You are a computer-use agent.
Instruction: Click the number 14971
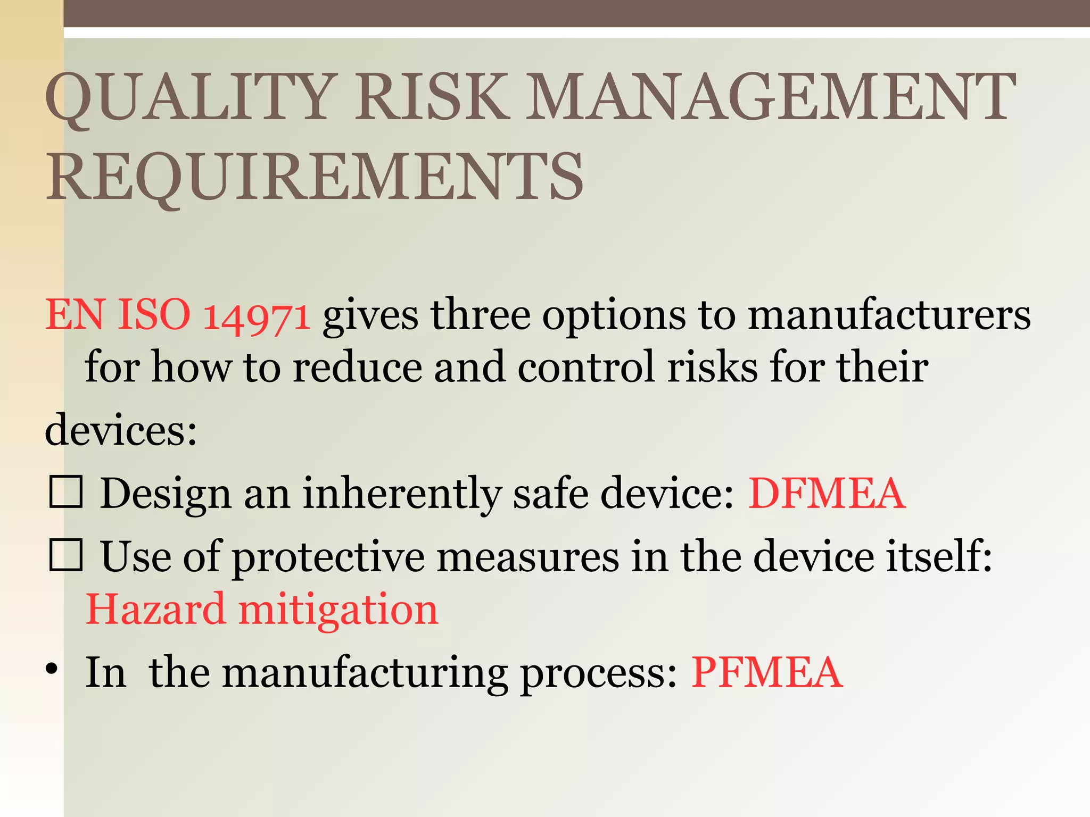pos(257,316)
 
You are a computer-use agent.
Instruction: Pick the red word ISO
pos(153,315)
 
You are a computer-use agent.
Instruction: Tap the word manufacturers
pos(889,316)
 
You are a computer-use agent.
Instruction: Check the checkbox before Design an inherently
pos(66,492)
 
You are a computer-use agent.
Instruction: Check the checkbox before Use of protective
pos(66,555)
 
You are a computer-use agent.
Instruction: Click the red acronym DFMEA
pos(827,494)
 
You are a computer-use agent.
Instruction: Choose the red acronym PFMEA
pos(767,673)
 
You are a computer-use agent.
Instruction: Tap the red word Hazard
pos(155,609)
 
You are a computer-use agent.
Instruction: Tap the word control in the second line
pos(585,367)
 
